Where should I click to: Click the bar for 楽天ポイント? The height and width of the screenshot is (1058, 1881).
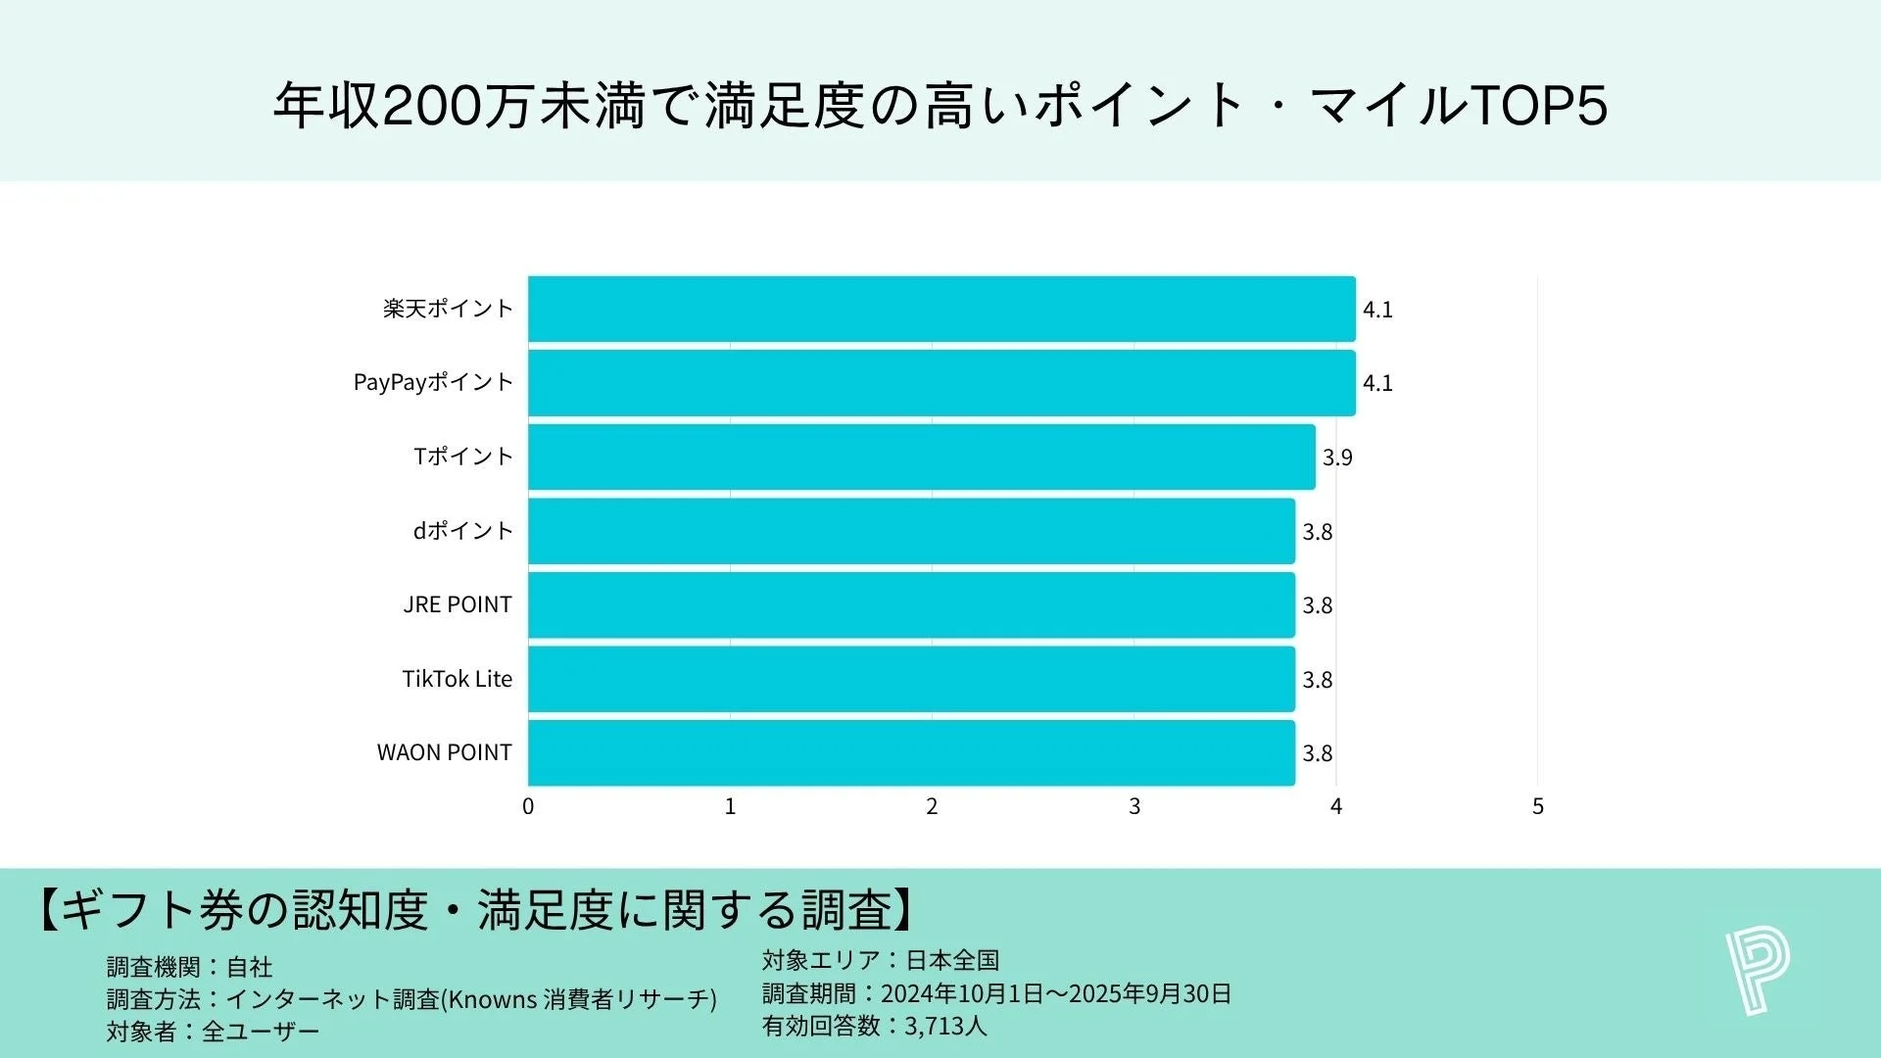940,309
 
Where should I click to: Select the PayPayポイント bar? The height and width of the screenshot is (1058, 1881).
940,383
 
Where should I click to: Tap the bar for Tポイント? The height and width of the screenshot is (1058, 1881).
921,457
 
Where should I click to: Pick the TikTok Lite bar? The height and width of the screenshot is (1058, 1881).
911,679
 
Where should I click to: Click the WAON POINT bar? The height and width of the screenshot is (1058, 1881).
911,752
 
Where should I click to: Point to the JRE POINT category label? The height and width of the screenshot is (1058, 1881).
458,604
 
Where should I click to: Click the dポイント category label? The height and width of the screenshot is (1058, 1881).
462,531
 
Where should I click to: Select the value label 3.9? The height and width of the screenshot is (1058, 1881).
1337,457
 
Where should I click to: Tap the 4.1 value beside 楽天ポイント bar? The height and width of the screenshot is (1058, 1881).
1377,310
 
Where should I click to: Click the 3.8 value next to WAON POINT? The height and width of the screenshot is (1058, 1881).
1317,753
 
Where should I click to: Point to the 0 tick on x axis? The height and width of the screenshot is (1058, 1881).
528,806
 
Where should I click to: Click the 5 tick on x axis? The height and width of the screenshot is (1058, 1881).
1537,806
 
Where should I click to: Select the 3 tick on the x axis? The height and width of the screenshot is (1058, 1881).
1133,806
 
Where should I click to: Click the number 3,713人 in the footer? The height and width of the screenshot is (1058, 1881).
945,1026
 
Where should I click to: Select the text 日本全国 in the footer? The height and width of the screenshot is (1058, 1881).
952,960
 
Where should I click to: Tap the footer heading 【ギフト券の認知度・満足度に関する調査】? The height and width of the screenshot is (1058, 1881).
476,909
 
